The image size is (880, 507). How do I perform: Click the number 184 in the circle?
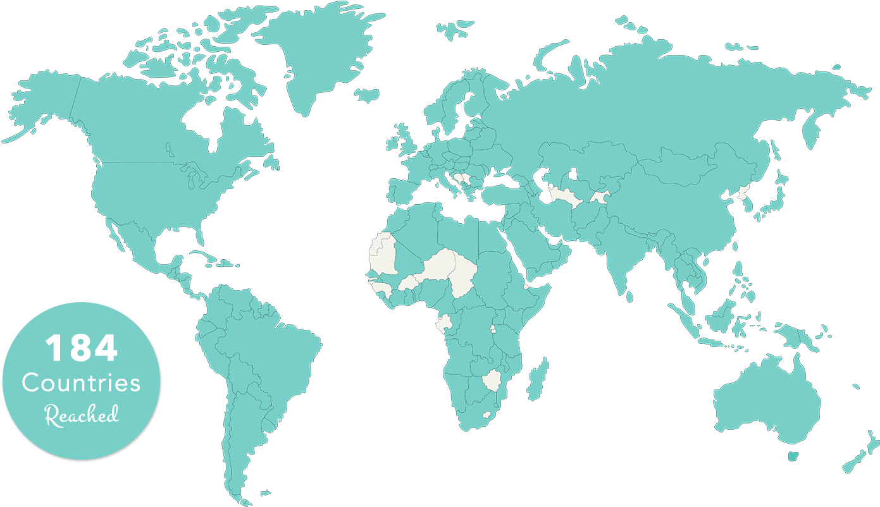click(81, 349)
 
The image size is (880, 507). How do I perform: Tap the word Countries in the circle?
click(81, 382)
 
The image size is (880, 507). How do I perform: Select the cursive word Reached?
click(81, 415)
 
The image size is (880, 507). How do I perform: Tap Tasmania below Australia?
click(793, 456)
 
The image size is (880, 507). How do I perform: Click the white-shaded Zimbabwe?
click(492, 381)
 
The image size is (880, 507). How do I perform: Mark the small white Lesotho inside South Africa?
click(486, 415)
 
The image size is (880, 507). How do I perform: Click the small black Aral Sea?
click(573, 173)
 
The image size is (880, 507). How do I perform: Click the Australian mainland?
click(765, 398)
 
